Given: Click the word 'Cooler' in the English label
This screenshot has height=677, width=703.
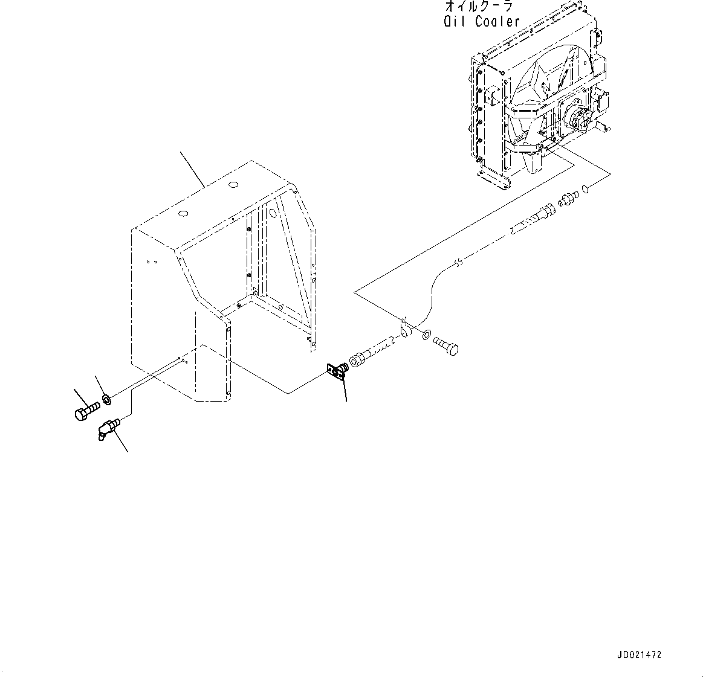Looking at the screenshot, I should (x=497, y=22).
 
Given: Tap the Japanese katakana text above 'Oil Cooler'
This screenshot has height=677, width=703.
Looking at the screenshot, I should (x=479, y=6).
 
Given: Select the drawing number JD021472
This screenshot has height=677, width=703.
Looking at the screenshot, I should (x=639, y=655).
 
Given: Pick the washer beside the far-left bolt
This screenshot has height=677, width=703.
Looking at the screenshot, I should (x=106, y=399).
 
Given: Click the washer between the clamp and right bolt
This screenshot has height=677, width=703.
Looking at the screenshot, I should (x=427, y=334).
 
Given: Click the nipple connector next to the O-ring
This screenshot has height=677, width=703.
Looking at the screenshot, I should (x=569, y=199).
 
